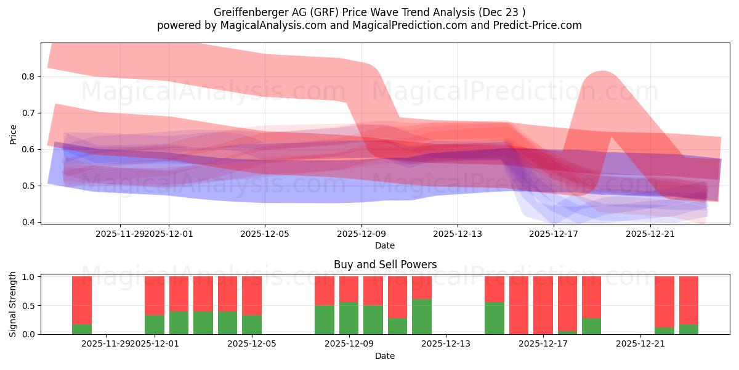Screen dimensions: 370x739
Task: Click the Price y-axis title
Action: (14, 134)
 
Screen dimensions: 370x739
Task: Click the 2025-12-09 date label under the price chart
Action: (361, 234)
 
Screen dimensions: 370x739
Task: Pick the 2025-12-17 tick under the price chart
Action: (554, 234)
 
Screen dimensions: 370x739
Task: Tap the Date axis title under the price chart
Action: (385, 245)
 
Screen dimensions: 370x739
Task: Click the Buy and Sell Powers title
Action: (385, 265)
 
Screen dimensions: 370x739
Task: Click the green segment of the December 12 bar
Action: (422, 316)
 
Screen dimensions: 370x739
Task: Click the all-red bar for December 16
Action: (519, 305)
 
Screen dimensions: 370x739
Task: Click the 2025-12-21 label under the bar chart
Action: (641, 343)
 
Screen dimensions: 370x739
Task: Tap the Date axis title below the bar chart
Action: (385, 356)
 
